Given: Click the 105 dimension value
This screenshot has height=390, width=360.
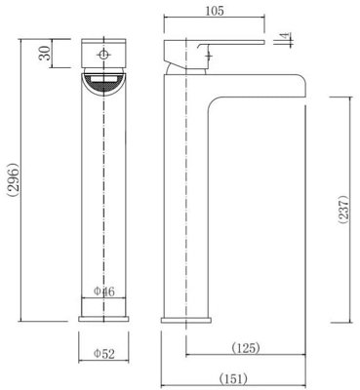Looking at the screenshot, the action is click(x=215, y=11).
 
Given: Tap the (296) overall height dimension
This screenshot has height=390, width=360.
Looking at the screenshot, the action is click(x=14, y=179).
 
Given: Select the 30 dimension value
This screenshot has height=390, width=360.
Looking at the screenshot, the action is click(x=45, y=53).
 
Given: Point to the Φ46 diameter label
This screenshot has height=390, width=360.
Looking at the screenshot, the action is click(x=104, y=292).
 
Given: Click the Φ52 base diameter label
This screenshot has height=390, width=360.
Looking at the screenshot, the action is click(x=104, y=354).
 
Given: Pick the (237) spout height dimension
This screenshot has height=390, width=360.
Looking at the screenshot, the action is click(x=343, y=210).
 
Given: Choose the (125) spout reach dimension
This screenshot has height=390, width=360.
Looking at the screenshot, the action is click(x=246, y=348).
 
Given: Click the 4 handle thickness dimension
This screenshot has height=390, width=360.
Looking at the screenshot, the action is click(x=286, y=35).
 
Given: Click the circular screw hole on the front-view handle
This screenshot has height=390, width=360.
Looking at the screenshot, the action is click(x=103, y=55).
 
